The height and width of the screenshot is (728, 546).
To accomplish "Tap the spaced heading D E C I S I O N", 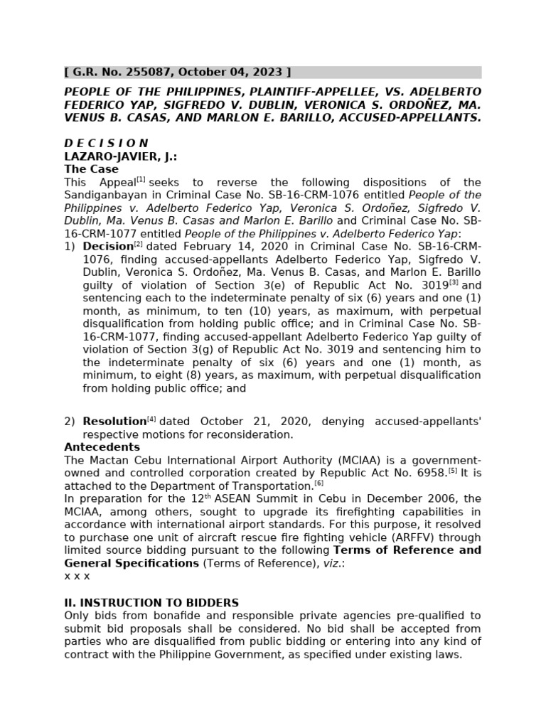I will (x=106, y=143).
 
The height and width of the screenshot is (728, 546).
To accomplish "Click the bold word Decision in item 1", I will (x=108, y=247).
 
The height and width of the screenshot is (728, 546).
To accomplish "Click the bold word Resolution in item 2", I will (x=114, y=422).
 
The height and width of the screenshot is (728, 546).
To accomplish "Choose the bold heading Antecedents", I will (x=102, y=447).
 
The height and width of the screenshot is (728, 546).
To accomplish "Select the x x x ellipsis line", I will (x=77, y=576).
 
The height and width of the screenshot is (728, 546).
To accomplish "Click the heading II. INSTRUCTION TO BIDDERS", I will (x=151, y=603).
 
